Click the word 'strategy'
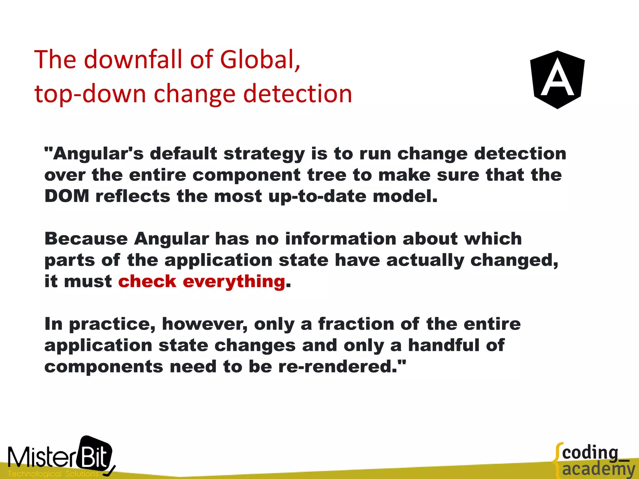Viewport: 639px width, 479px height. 264,154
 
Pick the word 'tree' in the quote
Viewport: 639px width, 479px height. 327,175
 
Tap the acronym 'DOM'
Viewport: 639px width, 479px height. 67,196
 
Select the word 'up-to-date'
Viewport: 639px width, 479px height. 317,196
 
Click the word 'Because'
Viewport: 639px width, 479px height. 86,239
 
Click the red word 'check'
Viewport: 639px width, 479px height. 147,281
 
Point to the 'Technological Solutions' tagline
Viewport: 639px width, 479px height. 53,474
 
